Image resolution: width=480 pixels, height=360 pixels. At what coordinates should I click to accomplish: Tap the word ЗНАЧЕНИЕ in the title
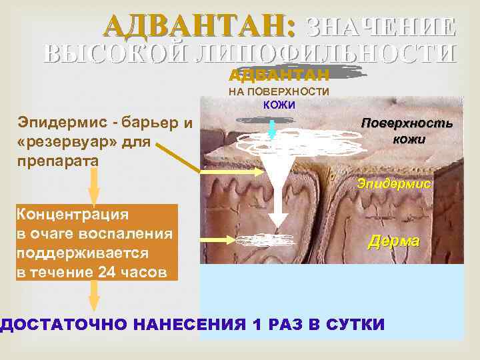[x=381, y=26]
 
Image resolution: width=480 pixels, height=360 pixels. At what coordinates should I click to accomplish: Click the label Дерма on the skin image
[x=393, y=241]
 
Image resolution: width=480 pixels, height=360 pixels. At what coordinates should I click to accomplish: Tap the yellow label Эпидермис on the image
[x=393, y=182]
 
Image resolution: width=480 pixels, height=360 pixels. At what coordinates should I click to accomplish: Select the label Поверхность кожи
[x=406, y=131]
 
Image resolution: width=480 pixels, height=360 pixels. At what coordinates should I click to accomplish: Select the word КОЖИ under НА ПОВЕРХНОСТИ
[x=279, y=105]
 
